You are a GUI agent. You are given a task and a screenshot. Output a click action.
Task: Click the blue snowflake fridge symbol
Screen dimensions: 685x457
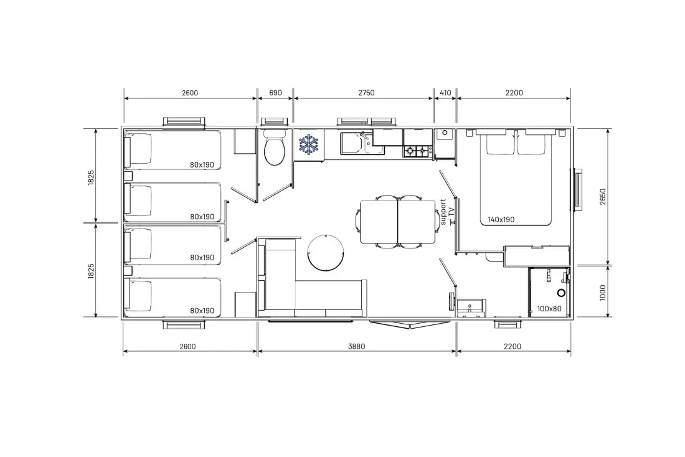(x=308, y=144)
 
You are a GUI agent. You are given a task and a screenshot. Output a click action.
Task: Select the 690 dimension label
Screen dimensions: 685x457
(x=275, y=93)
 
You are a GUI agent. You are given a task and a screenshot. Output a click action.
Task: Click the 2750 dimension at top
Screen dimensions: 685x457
(x=366, y=93)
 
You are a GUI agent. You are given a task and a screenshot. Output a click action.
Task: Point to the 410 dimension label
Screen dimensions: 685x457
(x=445, y=93)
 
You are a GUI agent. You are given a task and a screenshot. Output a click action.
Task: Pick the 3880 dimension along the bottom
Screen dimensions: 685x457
(x=356, y=346)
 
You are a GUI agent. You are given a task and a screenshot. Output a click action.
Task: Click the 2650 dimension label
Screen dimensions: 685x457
(x=603, y=197)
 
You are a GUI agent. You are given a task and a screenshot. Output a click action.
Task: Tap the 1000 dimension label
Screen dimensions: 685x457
(x=603, y=293)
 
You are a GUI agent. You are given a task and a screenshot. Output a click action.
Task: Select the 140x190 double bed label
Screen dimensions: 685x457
(x=501, y=220)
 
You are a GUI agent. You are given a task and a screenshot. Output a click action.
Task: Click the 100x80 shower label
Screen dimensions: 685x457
(x=549, y=309)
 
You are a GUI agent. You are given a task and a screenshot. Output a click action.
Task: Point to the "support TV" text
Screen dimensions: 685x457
(x=447, y=212)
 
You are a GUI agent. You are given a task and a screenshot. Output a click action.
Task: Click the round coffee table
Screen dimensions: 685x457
(x=326, y=253)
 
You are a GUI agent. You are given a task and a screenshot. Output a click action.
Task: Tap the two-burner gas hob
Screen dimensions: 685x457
(x=417, y=151)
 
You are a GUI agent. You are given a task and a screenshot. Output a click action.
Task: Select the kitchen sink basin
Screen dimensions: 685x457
(x=353, y=143)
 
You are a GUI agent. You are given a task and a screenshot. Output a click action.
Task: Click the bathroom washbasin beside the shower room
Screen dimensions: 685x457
(x=471, y=308)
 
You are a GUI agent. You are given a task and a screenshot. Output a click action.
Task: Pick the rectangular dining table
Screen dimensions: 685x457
(x=397, y=222)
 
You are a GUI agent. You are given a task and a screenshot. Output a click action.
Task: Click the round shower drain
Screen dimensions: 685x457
(x=561, y=293)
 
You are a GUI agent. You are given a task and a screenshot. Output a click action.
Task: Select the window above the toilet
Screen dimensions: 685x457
(x=275, y=122)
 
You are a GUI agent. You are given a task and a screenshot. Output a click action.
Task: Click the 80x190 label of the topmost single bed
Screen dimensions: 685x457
(x=202, y=165)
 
